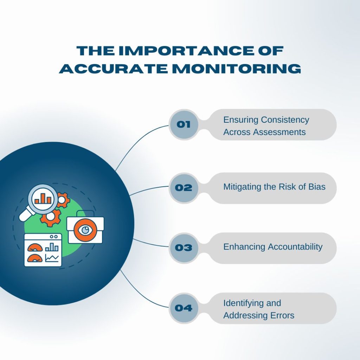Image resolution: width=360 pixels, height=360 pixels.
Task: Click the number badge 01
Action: click(184, 124)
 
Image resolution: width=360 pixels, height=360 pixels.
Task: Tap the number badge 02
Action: click(184, 188)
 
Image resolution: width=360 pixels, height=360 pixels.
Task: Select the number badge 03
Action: click(184, 248)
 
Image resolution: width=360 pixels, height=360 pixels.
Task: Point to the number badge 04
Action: click(184, 308)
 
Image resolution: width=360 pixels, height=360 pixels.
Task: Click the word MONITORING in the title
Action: click(237, 69)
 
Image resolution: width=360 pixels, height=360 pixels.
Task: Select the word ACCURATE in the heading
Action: click(114, 69)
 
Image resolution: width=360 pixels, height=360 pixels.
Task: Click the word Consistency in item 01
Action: click(285, 120)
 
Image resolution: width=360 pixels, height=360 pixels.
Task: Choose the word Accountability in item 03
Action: click(295, 247)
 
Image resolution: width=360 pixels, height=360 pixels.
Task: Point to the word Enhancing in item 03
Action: click(244, 247)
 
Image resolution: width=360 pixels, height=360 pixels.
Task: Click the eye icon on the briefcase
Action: click(85, 230)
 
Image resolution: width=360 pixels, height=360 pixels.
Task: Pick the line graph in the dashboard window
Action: click(52, 258)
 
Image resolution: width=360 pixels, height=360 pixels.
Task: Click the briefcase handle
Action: click(85, 213)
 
